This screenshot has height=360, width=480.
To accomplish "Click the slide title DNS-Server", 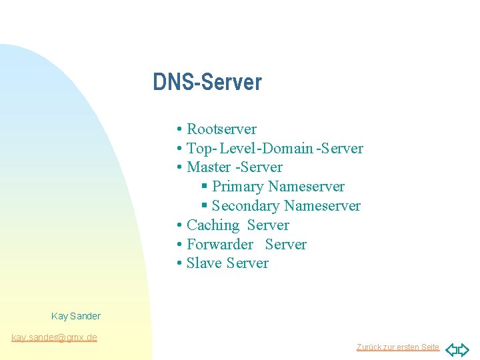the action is click(207, 83).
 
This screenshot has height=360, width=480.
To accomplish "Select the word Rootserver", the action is click(221, 129).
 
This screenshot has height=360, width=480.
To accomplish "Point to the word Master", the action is click(209, 167).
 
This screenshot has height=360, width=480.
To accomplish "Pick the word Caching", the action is click(213, 225).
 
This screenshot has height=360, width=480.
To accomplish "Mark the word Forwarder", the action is click(220, 245).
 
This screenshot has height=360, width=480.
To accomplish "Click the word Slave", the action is click(204, 263).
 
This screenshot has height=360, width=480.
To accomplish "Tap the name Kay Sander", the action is click(76, 316).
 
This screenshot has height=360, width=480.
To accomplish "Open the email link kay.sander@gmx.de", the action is click(55, 337).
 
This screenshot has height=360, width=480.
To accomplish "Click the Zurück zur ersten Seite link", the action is click(398, 347).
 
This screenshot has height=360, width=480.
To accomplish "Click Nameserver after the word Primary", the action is click(306, 187).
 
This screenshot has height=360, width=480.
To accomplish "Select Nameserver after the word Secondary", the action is click(322, 206).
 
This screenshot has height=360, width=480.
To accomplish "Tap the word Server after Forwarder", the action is click(285, 245).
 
